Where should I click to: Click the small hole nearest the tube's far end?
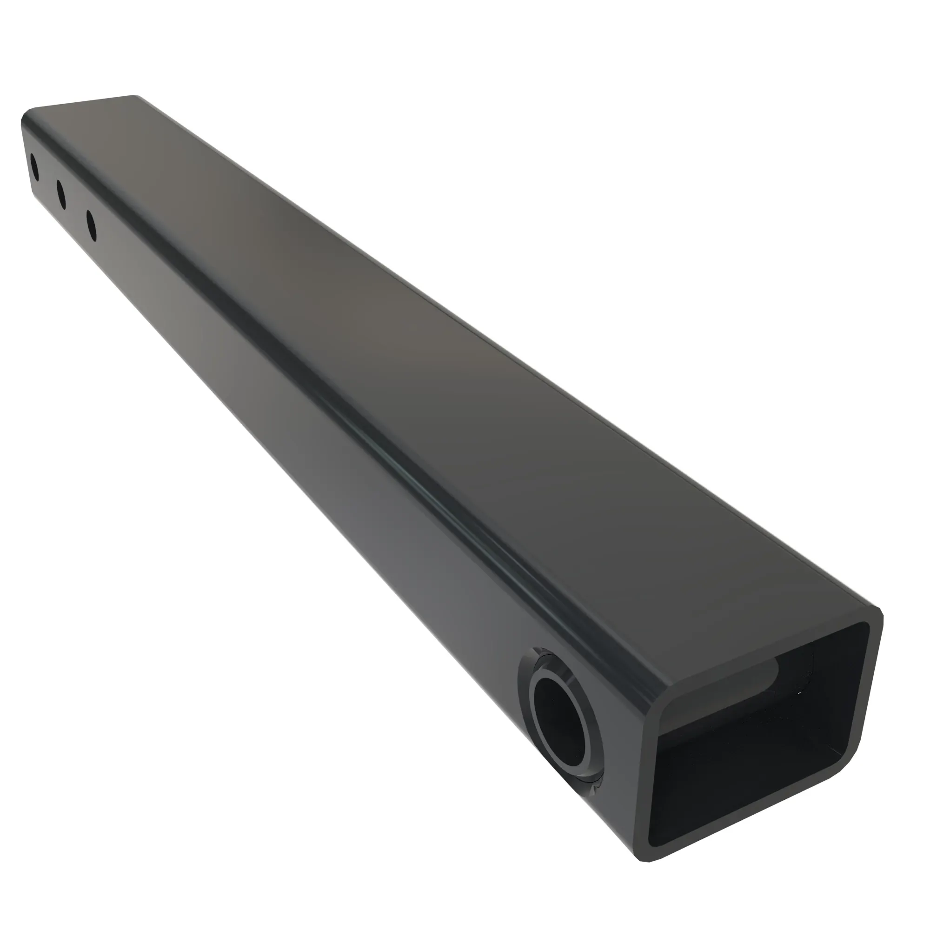(34, 167)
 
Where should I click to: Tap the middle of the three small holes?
(61, 194)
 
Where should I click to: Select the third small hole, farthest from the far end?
(91, 225)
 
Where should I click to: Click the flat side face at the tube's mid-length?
(289, 433)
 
